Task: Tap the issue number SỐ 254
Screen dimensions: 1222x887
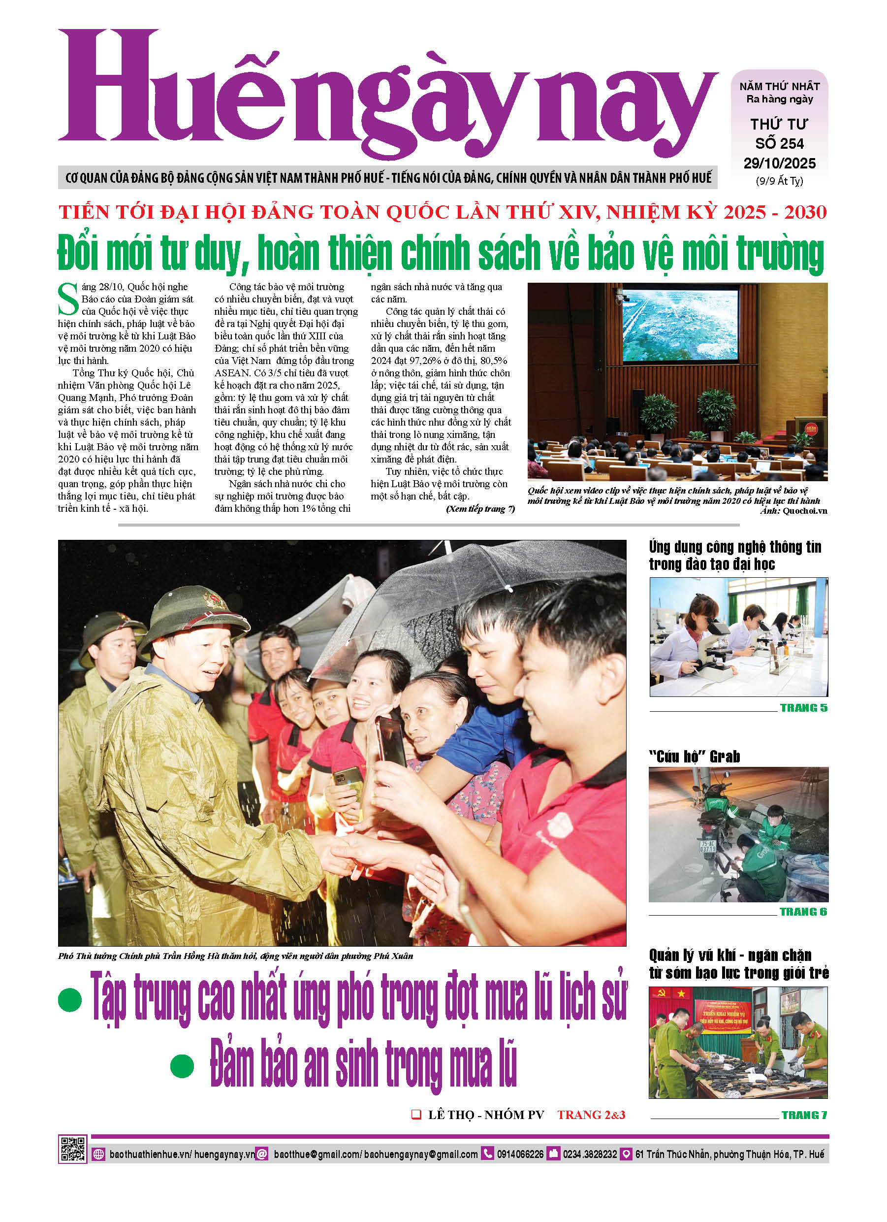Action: point(779,144)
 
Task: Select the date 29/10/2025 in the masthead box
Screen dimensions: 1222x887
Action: point(779,163)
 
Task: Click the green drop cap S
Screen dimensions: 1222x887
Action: point(68,299)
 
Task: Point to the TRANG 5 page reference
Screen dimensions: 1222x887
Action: point(803,708)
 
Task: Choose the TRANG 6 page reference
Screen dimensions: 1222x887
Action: point(803,912)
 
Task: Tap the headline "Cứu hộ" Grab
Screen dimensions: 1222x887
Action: point(694,757)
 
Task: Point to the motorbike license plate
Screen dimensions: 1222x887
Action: point(708,846)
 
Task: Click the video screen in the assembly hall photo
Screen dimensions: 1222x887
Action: point(680,325)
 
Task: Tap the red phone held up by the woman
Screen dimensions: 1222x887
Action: point(393,744)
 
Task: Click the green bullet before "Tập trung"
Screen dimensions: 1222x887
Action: point(70,1000)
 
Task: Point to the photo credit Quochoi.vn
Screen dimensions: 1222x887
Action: point(805,511)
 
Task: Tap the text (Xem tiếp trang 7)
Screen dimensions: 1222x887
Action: point(480,509)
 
